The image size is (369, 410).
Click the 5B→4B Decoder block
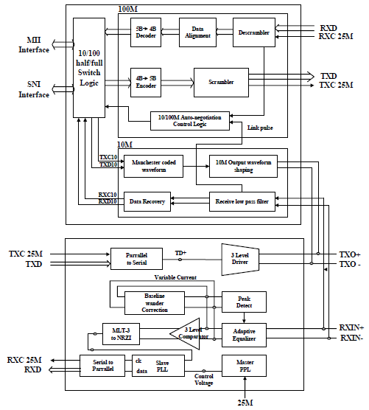[x=145, y=34]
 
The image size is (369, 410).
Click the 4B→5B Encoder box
[x=145, y=78]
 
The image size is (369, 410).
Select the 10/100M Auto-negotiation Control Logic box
[x=190, y=120]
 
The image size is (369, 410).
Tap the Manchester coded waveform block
[x=153, y=167]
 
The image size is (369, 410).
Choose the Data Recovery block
[x=147, y=201]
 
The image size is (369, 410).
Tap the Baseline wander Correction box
[x=154, y=302]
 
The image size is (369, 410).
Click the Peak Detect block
[x=244, y=302]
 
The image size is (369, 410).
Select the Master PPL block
[x=244, y=365]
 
